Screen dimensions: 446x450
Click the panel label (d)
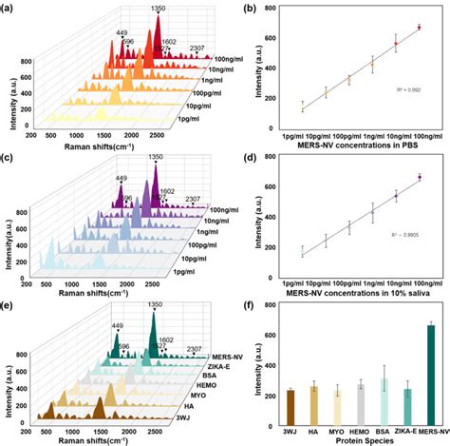tap(248, 157)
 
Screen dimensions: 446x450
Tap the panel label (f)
tap(248, 306)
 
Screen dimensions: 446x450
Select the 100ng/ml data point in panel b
tap(419, 28)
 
